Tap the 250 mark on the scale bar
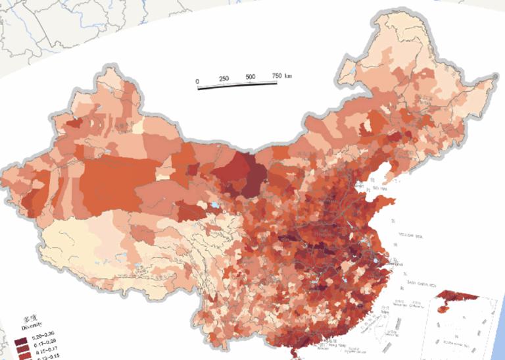(224, 80)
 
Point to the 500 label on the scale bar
(251, 78)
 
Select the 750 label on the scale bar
(277, 76)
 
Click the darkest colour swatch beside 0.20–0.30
(20, 341)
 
